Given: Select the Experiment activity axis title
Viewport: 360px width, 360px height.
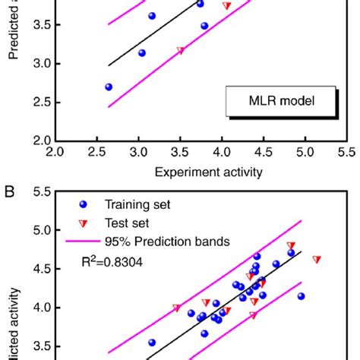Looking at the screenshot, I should point(209,172).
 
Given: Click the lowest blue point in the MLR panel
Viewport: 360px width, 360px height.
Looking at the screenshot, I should point(109,87).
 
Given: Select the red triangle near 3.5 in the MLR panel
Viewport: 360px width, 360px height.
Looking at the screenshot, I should point(180,51).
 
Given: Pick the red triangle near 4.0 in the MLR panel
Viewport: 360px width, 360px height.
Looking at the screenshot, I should point(226,6).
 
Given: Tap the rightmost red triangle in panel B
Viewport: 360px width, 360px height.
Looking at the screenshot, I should point(317,260).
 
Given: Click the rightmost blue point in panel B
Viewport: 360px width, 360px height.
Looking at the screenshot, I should point(302,296).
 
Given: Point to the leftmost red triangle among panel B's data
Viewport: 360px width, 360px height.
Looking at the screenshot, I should point(177,308).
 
